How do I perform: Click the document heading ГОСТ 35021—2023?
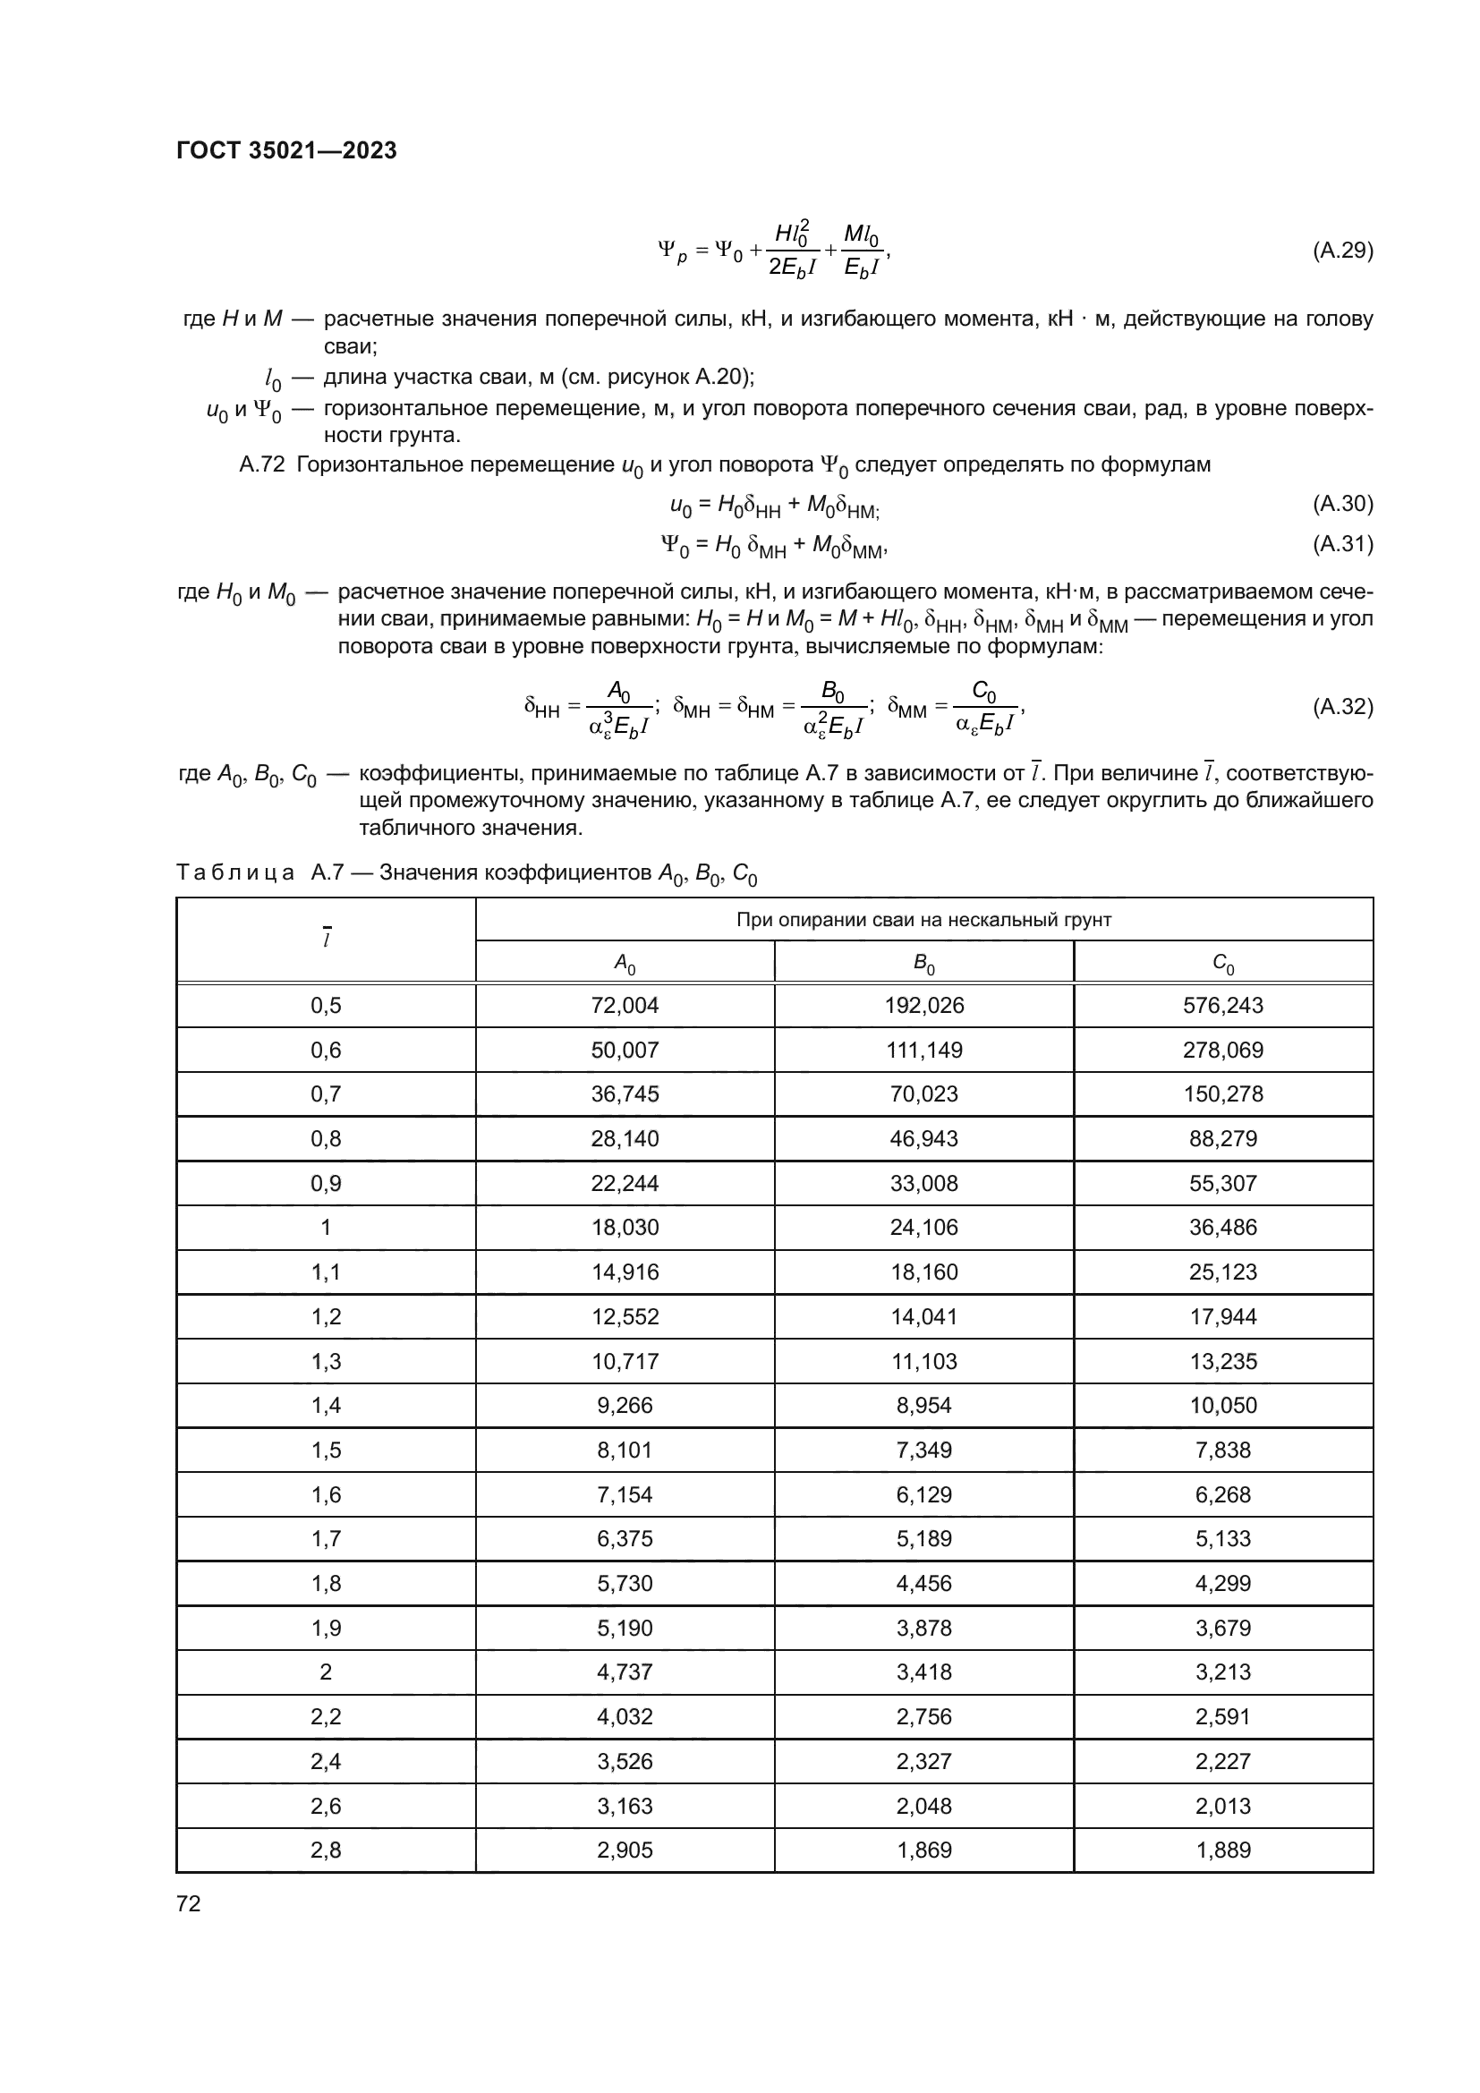[286, 151]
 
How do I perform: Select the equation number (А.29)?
[1341, 251]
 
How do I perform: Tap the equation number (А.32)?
[1341, 707]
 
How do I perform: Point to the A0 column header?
[625, 963]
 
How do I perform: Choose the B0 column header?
[923, 963]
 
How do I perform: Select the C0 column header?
[1222, 963]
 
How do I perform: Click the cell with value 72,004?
[625, 1006]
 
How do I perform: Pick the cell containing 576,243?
[1222, 1006]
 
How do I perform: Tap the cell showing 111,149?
[923, 1051]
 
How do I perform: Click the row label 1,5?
[326, 1451]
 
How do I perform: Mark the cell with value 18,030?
[625, 1228]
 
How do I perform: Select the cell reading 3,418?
[923, 1672]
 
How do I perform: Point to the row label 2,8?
[326, 1851]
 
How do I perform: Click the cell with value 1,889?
[1222, 1851]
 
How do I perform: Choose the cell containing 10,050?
[1222, 1406]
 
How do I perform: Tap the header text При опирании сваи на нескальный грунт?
[923, 920]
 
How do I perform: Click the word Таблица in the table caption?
[235, 873]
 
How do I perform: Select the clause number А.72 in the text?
[261, 466]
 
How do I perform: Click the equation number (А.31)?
[1341, 544]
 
